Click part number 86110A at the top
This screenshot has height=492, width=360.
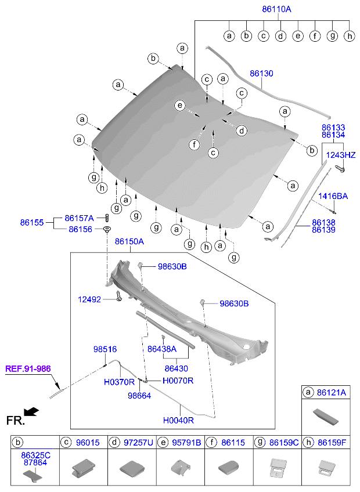pyautogui.click(x=276, y=9)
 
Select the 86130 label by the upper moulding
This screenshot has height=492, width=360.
pyautogui.click(x=261, y=74)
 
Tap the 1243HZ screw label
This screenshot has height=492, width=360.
pyautogui.click(x=341, y=155)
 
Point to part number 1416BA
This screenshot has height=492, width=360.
pyautogui.click(x=333, y=197)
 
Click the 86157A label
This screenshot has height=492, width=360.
pyautogui.click(x=79, y=218)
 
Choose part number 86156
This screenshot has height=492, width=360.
pyautogui.click(x=80, y=229)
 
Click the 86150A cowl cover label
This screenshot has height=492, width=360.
pyautogui.click(x=129, y=241)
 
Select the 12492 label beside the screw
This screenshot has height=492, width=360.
pyautogui.click(x=89, y=299)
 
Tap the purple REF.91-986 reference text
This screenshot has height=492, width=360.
pyautogui.click(x=28, y=368)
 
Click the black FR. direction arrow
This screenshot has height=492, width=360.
pyautogui.click(x=31, y=411)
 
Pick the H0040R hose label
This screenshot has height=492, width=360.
pyautogui.click(x=178, y=421)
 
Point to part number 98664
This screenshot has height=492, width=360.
pyautogui.click(x=139, y=396)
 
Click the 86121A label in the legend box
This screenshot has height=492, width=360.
pyautogui.click(x=332, y=393)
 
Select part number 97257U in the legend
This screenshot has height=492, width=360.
pyautogui.click(x=138, y=443)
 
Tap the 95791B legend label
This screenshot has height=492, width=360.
pyautogui.click(x=186, y=443)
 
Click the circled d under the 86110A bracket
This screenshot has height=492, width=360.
pyautogui.click(x=280, y=36)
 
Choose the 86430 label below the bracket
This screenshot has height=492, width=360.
pyautogui.click(x=177, y=368)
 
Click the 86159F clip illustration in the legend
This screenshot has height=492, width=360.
pyautogui.click(x=327, y=467)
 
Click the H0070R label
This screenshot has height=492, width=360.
pyautogui.click(x=178, y=381)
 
